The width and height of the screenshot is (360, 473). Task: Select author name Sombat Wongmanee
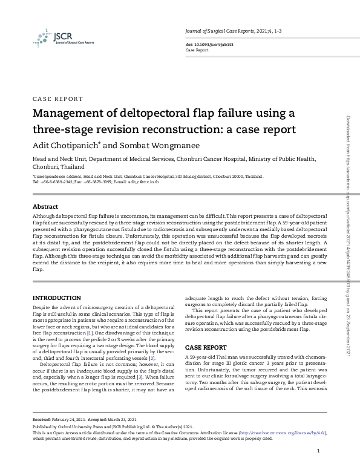[x=154, y=145]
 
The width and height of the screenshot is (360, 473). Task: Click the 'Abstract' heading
[x=45, y=206]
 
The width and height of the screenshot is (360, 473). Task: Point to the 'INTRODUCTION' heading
[x=56, y=298]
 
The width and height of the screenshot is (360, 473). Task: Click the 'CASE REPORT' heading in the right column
[x=206, y=348]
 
